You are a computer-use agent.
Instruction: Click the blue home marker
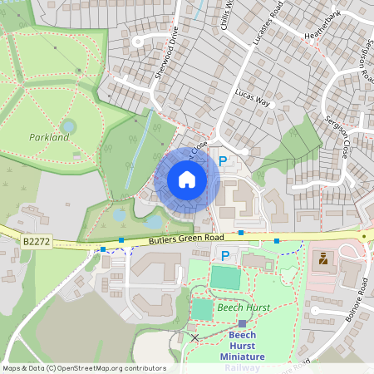pyautogui.click(x=187, y=180)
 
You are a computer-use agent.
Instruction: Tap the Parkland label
pyautogui.click(x=49, y=137)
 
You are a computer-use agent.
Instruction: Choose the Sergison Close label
pyautogui.click(x=337, y=136)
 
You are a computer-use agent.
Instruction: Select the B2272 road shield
pyautogui.click(x=36, y=241)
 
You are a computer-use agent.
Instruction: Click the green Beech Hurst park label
pyautogui.click(x=239, y=308)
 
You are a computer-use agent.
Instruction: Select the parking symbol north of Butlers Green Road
pyautogui.click(x=222, y=160)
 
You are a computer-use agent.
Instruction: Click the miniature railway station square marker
pyautogui.click(x=242, y=323)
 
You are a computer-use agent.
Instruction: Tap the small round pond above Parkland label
pyautogui.click(x=69, y=126)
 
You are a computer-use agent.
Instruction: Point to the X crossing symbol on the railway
pyautogui.click(x=194, y=337)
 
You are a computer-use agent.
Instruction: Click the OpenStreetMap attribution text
pyautogui.click(x=84, y=368)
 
